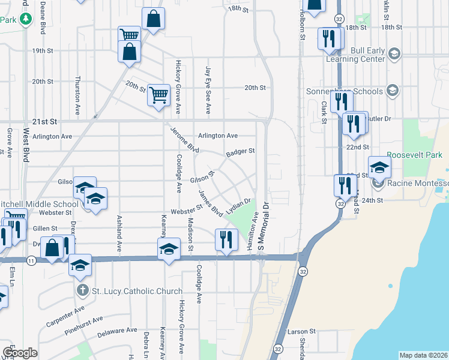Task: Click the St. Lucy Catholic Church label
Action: coord(137,292)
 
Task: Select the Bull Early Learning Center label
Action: coord(355,55)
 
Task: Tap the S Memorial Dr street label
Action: coord(262,230)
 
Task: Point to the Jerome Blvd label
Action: coord(184,139)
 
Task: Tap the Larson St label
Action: coord(301,331)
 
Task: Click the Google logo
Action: coord(20,353)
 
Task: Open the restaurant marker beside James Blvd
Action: coord(223,241)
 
